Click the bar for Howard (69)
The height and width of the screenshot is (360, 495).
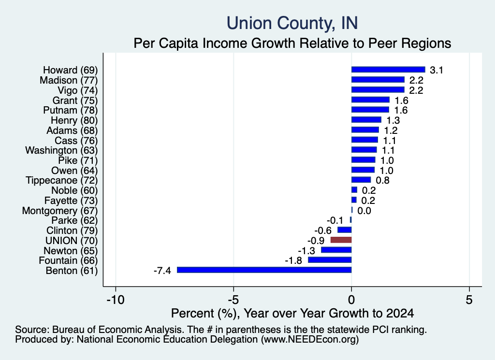coord(388,70)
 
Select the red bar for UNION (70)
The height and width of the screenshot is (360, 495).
coord(341,240)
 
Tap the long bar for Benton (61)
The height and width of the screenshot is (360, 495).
coord(264,270)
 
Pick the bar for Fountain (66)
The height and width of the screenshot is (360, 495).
coord(330,260)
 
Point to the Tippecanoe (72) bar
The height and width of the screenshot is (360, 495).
coord(361,180)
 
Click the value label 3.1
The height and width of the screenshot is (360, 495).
coord(437,70)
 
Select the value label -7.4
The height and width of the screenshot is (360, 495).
coord(162,271)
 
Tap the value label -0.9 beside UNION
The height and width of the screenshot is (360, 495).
coord(316,241)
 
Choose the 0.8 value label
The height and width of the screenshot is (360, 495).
coord(383,180)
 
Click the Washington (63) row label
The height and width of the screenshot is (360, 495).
coord(61,150)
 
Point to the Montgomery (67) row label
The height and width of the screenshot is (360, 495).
coord(60,211)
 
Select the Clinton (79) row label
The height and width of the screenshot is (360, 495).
coord(72,230)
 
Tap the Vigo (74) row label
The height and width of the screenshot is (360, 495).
coord(78,90)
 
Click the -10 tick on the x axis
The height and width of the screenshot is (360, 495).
coord(116,300)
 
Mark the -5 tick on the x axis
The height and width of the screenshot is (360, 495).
coord(233,300)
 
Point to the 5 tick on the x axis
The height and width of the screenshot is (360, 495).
coord(469,300)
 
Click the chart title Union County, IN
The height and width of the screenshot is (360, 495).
coord(292,23)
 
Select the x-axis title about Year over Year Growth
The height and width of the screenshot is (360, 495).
coord(292,313)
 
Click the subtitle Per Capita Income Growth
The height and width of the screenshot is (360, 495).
coord(292,43)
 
